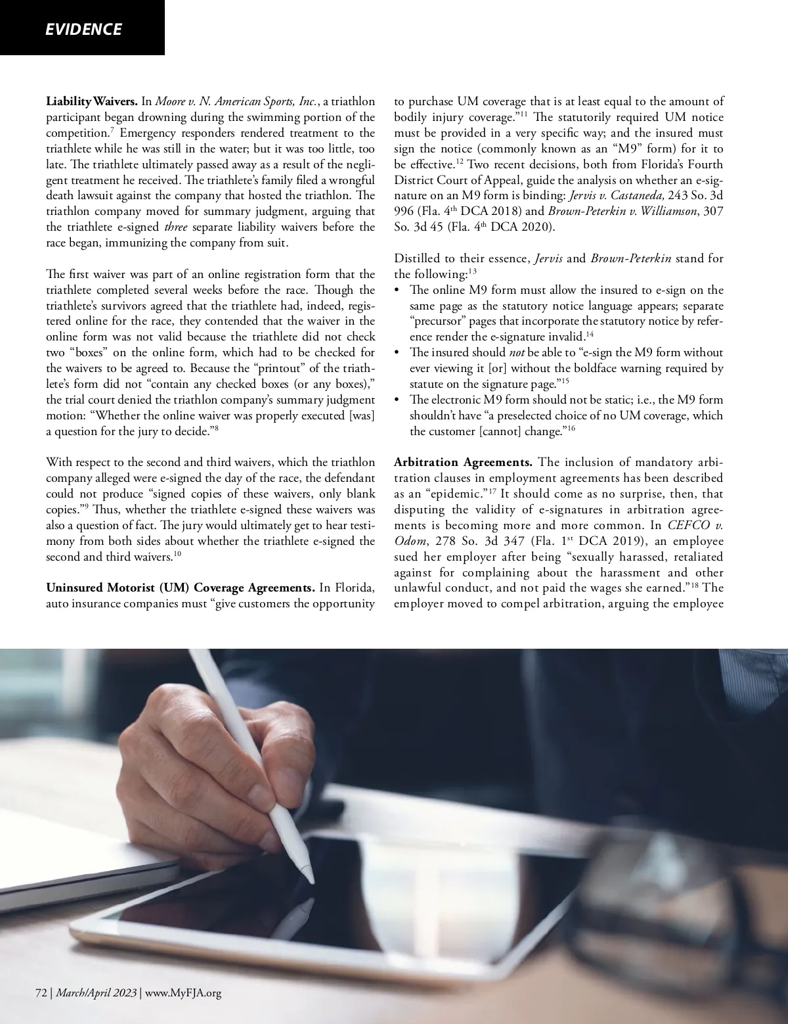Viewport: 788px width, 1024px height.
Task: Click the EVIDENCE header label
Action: tap(83, 30)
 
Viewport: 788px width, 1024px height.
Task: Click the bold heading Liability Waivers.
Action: tap(91, 102)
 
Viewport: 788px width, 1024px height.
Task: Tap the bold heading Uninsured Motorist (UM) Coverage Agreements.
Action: tap(181, 587)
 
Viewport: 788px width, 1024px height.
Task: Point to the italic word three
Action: tap(175, 227)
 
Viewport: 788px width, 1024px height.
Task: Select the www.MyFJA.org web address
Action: tap(183, 993)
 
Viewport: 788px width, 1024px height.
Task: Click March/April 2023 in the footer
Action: tap(96, 993)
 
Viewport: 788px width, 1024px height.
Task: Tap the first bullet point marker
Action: tap(397, 291)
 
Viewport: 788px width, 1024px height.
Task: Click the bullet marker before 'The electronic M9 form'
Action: tap(397, 400)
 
